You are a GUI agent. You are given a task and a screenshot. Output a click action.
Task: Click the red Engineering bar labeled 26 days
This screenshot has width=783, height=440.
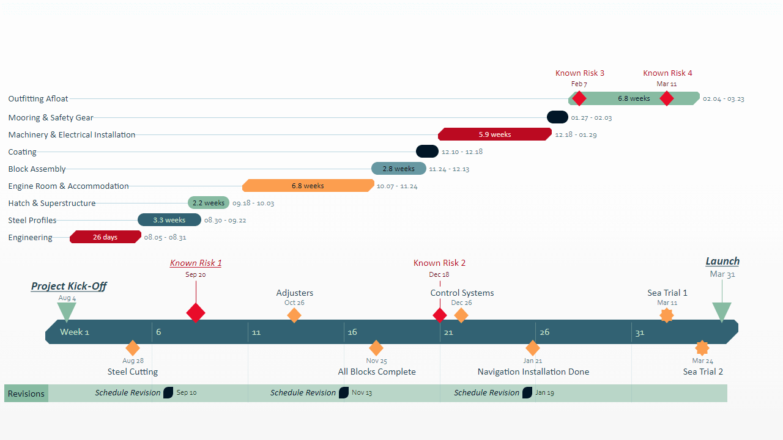point(105,237)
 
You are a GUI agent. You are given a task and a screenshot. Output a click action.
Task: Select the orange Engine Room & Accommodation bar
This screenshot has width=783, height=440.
point(308,186)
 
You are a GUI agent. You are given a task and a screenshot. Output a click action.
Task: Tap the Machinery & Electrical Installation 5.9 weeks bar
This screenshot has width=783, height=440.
point(494,134)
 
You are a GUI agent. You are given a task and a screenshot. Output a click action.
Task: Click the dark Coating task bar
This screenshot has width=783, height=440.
point(427,152)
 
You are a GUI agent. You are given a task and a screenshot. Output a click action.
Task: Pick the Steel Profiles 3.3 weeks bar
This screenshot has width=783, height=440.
point(169,220)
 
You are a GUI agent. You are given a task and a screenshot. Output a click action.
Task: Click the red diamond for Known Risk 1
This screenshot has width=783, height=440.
point(196,313)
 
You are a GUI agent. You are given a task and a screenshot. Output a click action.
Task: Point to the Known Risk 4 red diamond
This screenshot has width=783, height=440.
point(667,98)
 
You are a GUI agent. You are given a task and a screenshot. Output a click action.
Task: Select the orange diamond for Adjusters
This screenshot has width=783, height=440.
point(294,315)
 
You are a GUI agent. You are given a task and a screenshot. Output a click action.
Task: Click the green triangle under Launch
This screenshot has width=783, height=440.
point(722,312)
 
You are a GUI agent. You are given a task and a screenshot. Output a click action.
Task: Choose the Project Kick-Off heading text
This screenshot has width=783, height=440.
point(69,286)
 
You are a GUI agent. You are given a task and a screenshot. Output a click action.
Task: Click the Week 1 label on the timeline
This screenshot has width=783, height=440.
point(75,332)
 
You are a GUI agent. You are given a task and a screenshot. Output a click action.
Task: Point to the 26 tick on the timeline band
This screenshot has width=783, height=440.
point(544,332)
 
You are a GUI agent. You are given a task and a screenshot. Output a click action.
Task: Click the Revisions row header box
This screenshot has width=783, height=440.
point(26,394)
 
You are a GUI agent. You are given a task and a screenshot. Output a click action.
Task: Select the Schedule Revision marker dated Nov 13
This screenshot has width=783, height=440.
point(344,393)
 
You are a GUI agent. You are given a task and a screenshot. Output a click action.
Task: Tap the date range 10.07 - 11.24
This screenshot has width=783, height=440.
point(397,186)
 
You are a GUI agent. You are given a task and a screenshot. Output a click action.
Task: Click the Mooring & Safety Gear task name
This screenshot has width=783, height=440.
point(51,117)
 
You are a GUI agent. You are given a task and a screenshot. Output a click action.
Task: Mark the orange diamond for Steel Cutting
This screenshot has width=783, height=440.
point(133,348)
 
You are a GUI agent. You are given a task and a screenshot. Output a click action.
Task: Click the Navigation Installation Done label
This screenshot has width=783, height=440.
point(533,372)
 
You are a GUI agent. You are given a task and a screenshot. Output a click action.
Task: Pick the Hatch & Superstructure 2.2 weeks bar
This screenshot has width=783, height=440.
point(209,203)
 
